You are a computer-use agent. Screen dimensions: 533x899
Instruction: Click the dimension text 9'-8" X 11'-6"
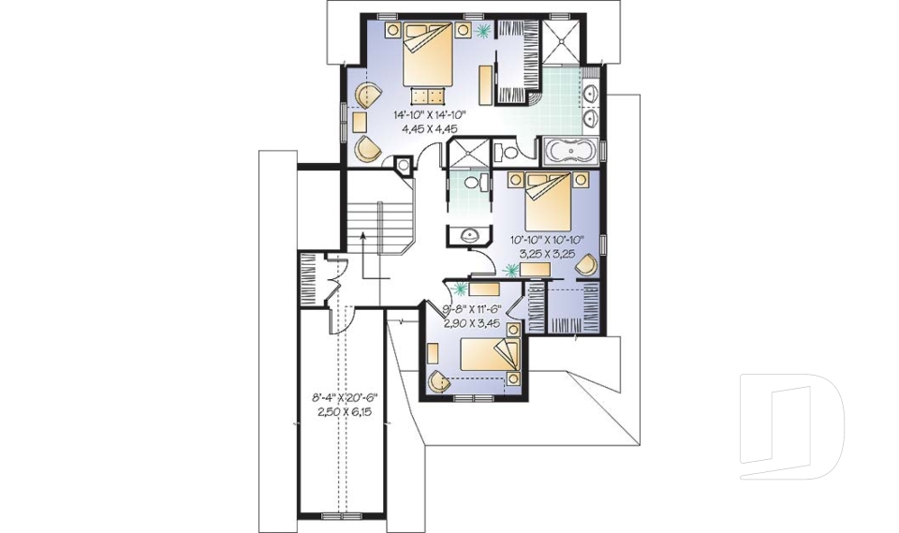click(474, 309)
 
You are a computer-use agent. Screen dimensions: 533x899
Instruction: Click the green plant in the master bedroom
click(482, 32)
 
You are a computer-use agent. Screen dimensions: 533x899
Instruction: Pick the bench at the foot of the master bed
click(430, 94)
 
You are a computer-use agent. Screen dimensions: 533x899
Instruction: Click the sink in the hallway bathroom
click(470, 234)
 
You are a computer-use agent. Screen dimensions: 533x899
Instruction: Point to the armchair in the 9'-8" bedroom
click(436, 381)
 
